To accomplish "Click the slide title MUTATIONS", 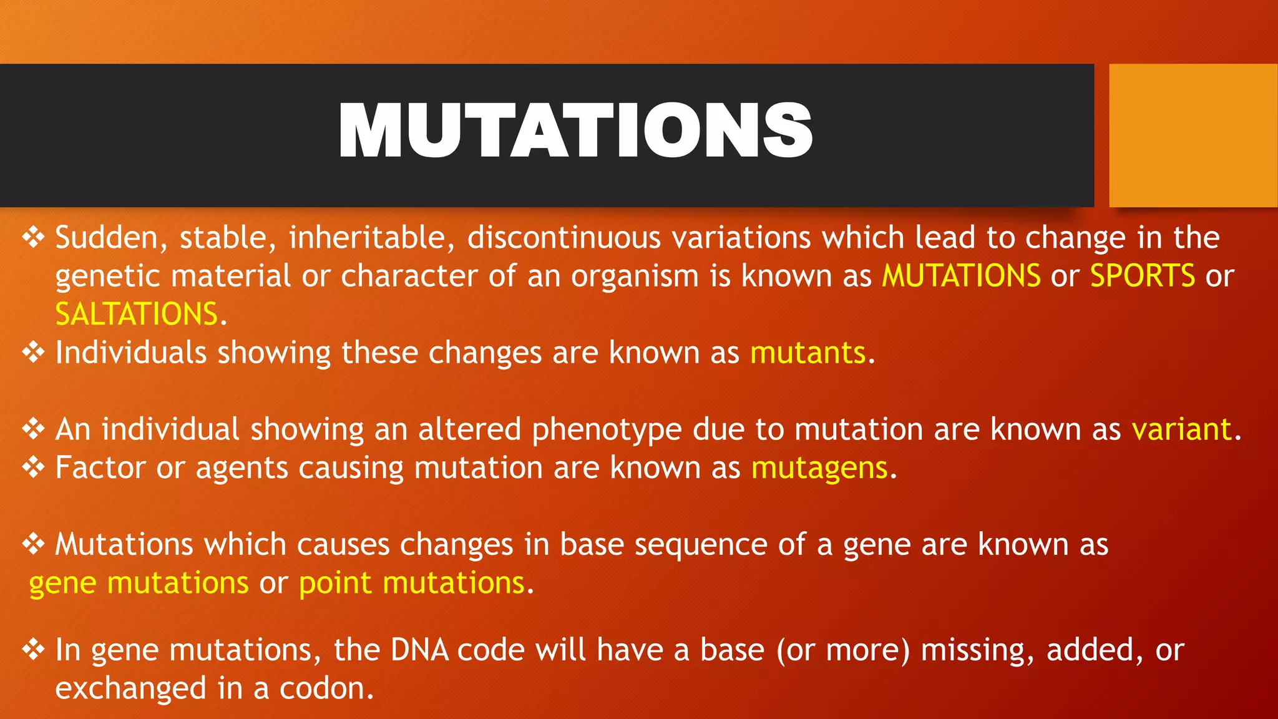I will pos(575,130).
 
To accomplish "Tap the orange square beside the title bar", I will pos(1193,135).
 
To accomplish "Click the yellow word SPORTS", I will pos(1142,276).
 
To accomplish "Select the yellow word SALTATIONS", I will pos(137,314).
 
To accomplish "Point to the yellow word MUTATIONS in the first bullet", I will pos(961,276).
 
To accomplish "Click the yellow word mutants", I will pos(807,353).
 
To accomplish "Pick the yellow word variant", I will pos(1182,429).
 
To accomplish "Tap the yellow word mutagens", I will pos(819,468).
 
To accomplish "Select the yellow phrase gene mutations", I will pos(139,584).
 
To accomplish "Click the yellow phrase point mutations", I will pos(411,584).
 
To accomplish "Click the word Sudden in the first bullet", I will pos(107,238).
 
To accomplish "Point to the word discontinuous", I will pos(563,238).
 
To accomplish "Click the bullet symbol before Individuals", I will pos(33,353).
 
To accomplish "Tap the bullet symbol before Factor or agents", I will pos(33,467).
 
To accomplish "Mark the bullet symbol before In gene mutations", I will pos(33,650).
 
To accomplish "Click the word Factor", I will pos(100,468).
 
